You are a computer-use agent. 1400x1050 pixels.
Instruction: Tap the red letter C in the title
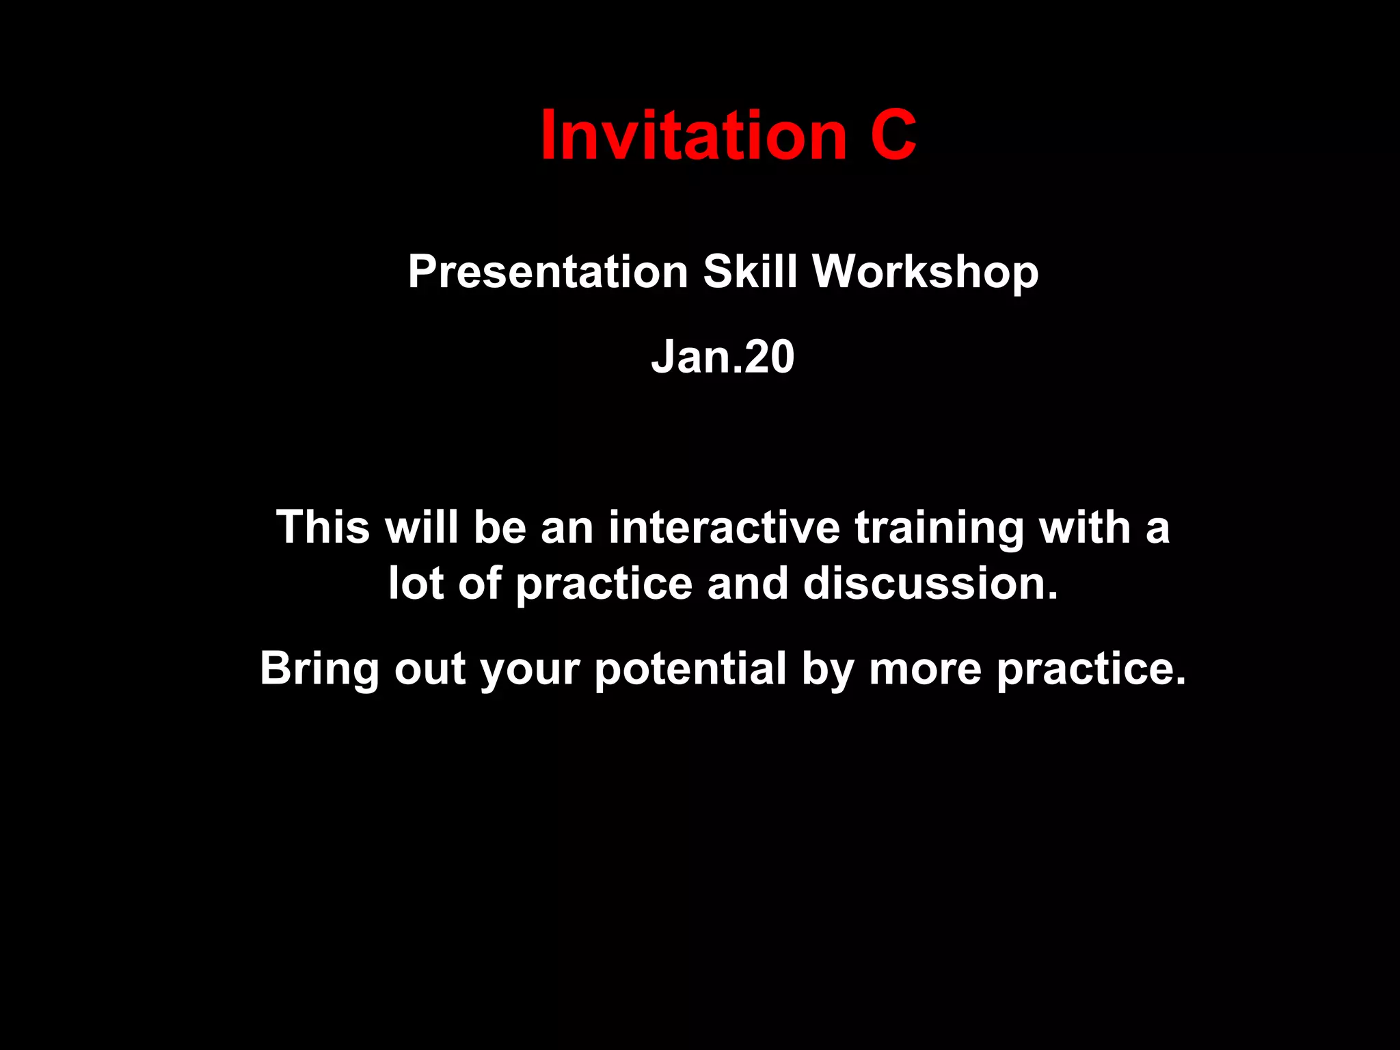(x=893, y=136)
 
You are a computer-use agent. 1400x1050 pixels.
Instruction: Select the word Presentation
(x=548, y=272)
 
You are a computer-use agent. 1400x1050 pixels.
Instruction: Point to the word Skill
(x=750, y=272)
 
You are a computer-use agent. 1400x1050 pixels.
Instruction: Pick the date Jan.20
(x=723, y=357)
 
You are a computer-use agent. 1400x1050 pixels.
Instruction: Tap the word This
(x=323, y=527)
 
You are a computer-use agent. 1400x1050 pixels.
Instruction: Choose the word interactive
(x=725, y=527)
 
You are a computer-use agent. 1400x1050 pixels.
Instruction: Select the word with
(x=1084, y=527)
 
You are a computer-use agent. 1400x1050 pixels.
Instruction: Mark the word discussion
(x=930, y=584)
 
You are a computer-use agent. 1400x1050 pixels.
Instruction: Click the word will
(x=421, y=527)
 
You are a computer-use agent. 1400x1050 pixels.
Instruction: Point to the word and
(x=748, y=584)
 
